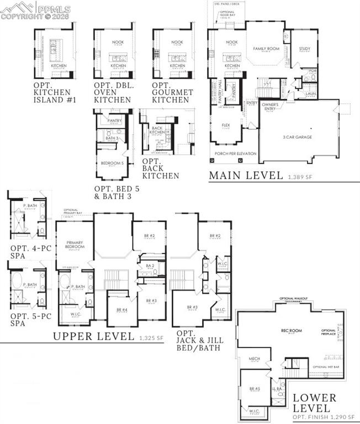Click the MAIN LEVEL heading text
pos(246,176)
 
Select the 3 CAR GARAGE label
pos(298,136)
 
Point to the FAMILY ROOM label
pos(264,49)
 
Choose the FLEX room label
pos(225,125)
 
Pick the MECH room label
pos(254,359)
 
